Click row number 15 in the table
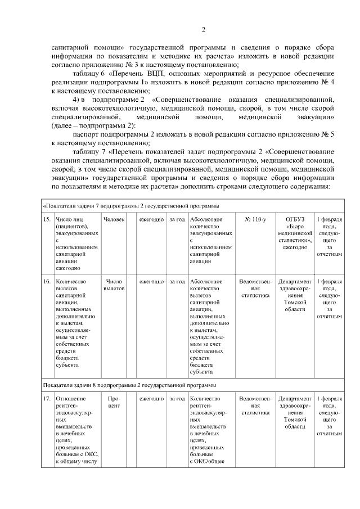(47, 219)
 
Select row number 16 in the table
(47, 281)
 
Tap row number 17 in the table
(47, 399)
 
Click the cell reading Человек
(114, 219)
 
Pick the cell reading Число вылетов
(114, 285)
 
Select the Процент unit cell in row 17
(114, 402)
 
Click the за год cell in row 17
(177, 399)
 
